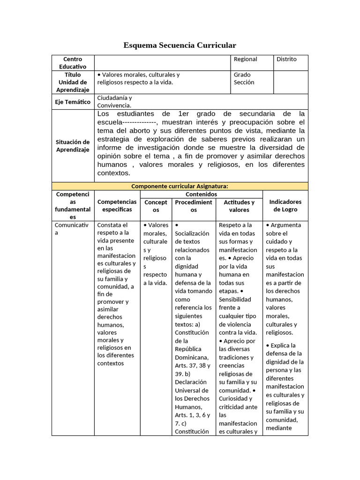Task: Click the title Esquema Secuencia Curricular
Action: (180, 45)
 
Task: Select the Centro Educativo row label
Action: (73, 63)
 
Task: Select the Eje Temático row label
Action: (73, 102)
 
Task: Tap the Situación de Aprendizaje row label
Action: (73, 146)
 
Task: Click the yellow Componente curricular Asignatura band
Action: (180, 186)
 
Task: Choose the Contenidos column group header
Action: (201, 194)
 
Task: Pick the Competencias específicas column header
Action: (117, 206)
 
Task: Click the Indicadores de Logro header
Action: (285, 206)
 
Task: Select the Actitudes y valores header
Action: (239, 206)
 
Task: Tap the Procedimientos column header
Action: (193, 206)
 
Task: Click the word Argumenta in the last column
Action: (286, 225)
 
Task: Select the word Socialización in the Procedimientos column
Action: (193, 233)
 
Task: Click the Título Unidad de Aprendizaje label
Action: (73, 82)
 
